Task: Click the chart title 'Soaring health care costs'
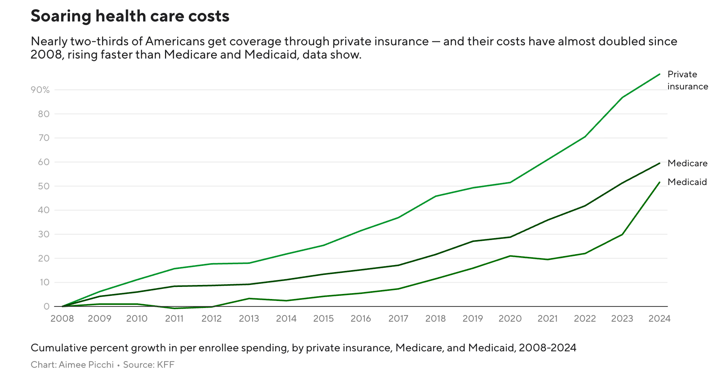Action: (x=130, y=16)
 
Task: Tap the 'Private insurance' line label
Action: (x=687, y=80)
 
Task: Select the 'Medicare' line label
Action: (x=687, y=163)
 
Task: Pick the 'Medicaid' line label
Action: (x=687, y=182)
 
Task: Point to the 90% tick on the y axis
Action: (x=40, y=90)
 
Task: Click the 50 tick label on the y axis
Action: (x=44, y=186)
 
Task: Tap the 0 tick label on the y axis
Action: (x=47, y=306)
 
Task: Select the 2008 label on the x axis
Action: (x=62, y=319)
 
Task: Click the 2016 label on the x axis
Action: (x=361, y=319)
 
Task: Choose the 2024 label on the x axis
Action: (x=659, y=319)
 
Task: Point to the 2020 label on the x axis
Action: (x=510, y=319)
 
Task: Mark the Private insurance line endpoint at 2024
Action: (x=659, y=74)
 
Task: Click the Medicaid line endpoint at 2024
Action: (x=659, y=182)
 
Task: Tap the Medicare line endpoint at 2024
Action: (x=659, y=163)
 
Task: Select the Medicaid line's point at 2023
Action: (x=622, y=234)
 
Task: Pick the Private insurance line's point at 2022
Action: (x=585, y=137)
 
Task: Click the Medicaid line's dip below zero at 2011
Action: (x=174, y=308)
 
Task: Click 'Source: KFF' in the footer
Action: (x=149, y=365)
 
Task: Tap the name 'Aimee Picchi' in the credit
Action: (x=86, y=365)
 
